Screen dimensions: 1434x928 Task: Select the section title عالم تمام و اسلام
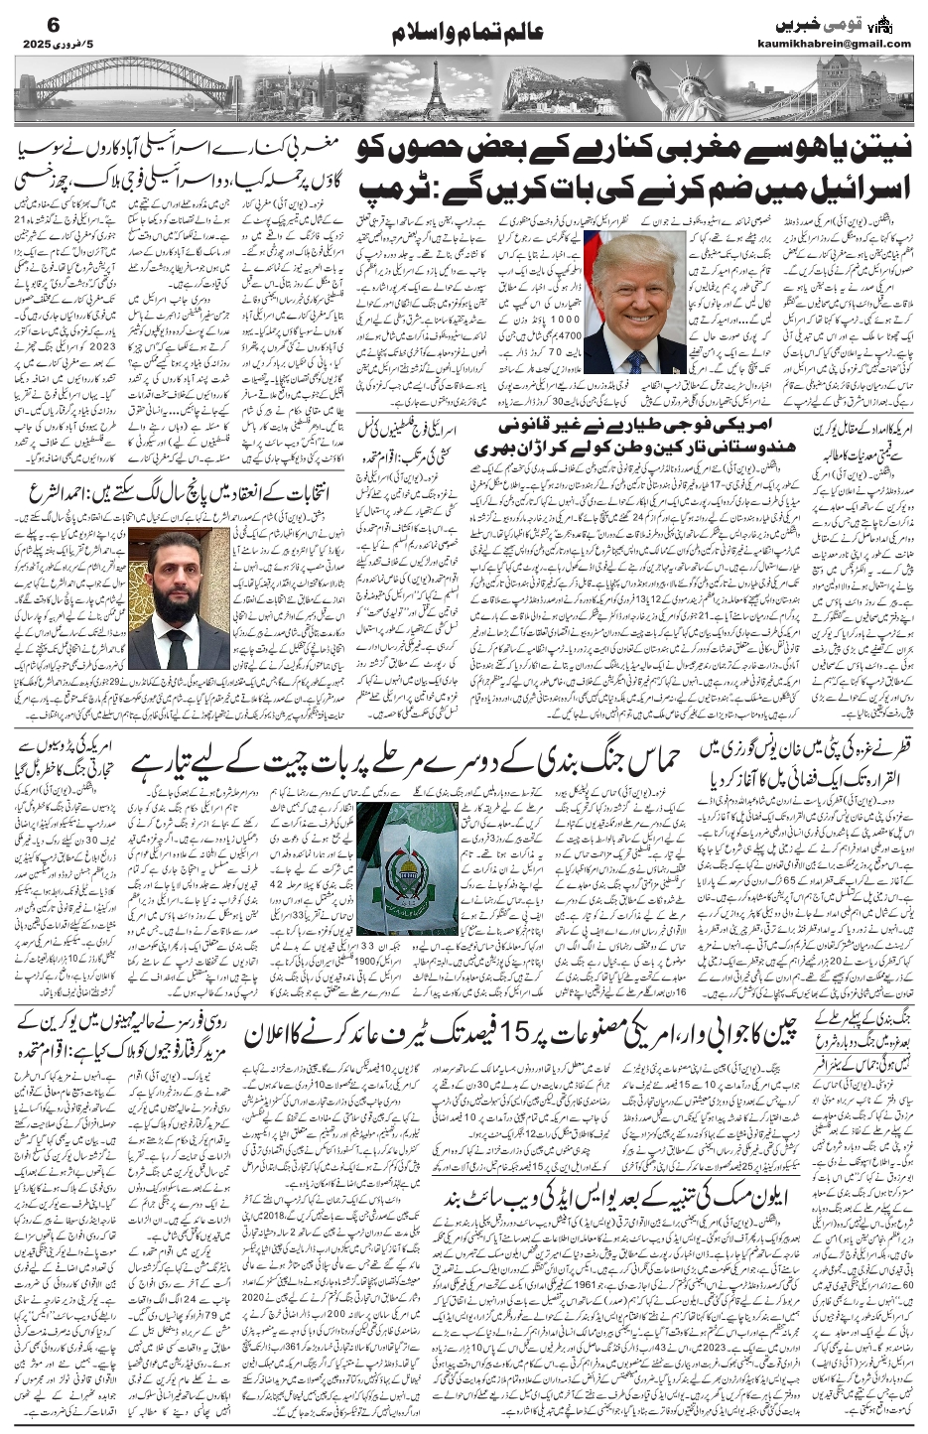(x=464, y=33)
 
